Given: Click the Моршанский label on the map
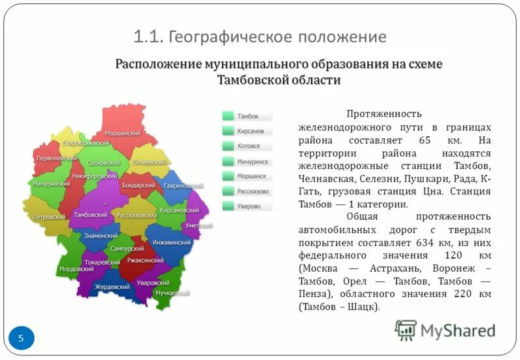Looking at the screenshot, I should [123, 133].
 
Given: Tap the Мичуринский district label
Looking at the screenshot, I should [51, 184].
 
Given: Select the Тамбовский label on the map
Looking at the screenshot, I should [91, 214].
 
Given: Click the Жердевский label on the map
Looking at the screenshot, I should [112, 287].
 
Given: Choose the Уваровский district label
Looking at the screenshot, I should [153, 282].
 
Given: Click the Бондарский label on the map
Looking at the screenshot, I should [138, 185].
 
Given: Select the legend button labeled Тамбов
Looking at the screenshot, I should [246, 116].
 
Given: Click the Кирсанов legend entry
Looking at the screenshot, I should [246, 131].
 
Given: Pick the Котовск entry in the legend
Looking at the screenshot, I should [246, 146].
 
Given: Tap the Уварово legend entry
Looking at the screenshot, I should [246, 206].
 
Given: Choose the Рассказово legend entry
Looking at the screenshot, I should [246, 191].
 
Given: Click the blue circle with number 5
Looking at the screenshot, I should [21, 338].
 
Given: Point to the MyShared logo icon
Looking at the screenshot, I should [406, 331].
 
